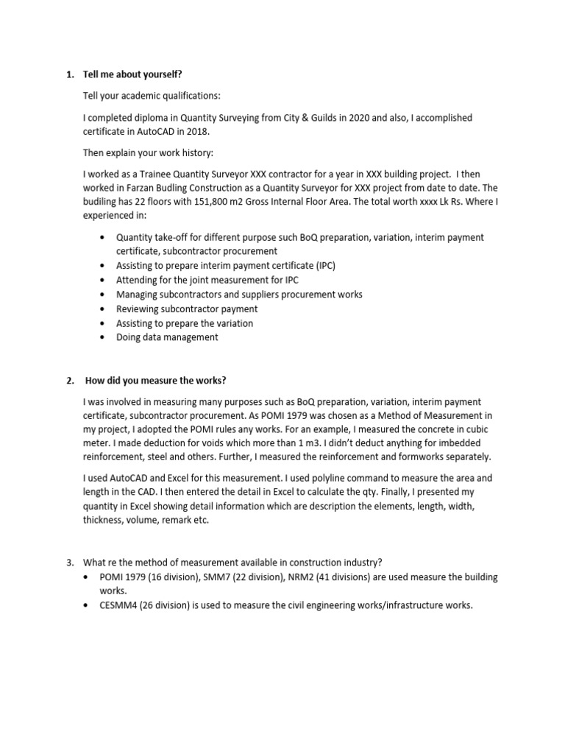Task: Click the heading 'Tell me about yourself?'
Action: click(x=133, y=75)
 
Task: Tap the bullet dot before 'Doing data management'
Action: click(x=101, y=337)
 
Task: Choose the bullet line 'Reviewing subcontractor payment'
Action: click(x=187, y=309)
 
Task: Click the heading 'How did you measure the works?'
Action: click(x=156, y=381)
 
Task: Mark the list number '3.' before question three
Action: click(x=70, y=563)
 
